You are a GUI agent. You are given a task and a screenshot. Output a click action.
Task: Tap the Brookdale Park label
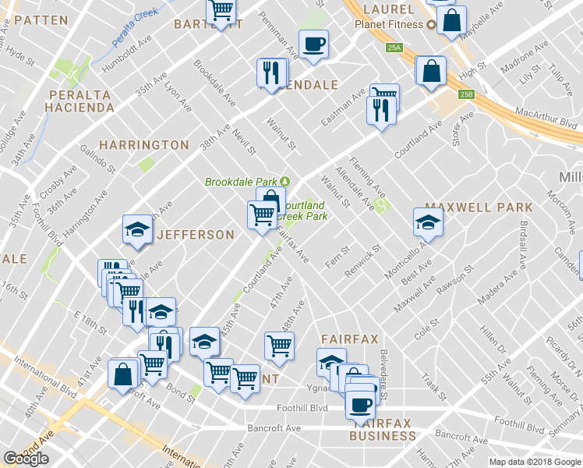(242, 182)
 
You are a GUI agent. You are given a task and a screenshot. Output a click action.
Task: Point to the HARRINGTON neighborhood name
(144, 145)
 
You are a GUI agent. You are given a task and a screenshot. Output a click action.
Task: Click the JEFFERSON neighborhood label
(195, 235)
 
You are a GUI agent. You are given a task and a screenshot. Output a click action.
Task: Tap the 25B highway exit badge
(466, 94)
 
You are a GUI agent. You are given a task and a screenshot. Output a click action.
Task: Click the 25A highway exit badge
(394, 48)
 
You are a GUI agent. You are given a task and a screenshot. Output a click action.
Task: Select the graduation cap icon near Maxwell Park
(428, 222)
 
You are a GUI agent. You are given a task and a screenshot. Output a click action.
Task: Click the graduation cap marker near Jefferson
(137, 229)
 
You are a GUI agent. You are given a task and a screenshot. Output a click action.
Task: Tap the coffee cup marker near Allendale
(313, 44)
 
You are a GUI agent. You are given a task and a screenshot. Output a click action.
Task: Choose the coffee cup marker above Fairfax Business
(360, 404)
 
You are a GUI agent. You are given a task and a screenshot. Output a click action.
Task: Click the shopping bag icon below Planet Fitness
(431, 71)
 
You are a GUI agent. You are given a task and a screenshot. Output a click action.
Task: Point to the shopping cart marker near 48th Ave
(279, 345)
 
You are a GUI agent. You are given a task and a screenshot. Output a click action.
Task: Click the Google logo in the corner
(26, 459)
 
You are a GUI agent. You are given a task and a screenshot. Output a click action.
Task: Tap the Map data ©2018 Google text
(535, 462)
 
